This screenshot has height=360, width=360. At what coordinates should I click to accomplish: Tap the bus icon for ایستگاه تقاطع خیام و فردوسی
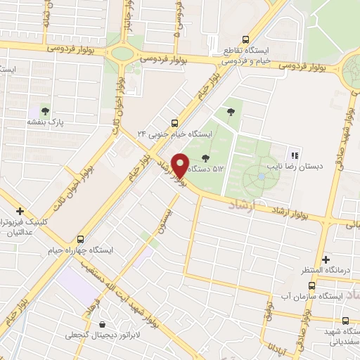[245, 39]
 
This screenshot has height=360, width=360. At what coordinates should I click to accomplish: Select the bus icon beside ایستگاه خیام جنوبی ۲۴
[175, 121]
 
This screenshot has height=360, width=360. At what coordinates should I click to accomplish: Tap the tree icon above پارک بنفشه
[46, 111]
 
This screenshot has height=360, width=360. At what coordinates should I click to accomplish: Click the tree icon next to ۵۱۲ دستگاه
[205, 158]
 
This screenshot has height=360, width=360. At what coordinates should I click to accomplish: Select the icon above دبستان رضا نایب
[294, 155]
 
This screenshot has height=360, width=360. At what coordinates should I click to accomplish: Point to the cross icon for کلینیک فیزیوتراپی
[20, 210]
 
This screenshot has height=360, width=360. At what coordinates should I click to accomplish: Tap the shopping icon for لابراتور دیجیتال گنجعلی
[103, 324]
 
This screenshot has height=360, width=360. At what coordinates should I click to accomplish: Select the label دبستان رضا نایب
[295, 167]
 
